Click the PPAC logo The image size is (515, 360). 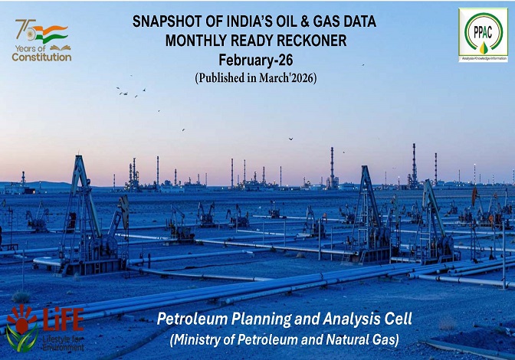pyautogui.click(x=483, y=34)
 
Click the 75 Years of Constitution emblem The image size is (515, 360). pyautogui.click(x=41, y=40)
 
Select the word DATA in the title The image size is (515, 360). pyautogui.click(x=359, y=22)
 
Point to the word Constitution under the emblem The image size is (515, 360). pyautogui.click(x=42, y=57)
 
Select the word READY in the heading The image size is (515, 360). pyautogui.click(x=251, y=41)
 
